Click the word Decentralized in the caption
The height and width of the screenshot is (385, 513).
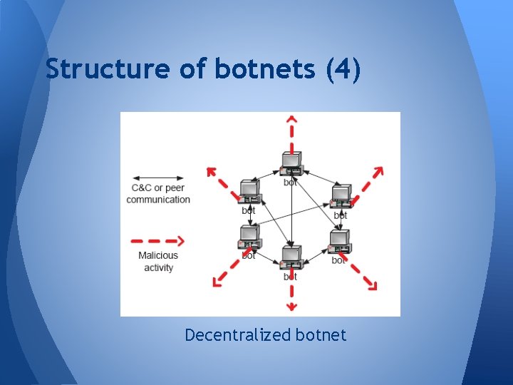click(x=234, y=334)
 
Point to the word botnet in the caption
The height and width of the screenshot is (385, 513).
click(x=318, y=334)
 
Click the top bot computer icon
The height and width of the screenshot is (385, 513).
click(x=291, y=164)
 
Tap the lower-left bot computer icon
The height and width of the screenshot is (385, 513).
click(x=249, y=237)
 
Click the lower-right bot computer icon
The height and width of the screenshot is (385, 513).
click(x=339, y=242)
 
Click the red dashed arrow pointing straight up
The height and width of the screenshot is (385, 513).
click(x=291, y=132)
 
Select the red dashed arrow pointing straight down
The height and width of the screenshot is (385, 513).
click(x=291, y=294)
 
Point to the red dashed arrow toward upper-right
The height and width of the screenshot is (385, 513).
click(x=369, y=181)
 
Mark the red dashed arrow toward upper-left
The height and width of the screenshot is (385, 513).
click(x=221, y=180)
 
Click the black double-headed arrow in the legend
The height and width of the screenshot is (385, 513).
click(x=158, y=178)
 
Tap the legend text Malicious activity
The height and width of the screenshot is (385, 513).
click(x=158, y=262)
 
